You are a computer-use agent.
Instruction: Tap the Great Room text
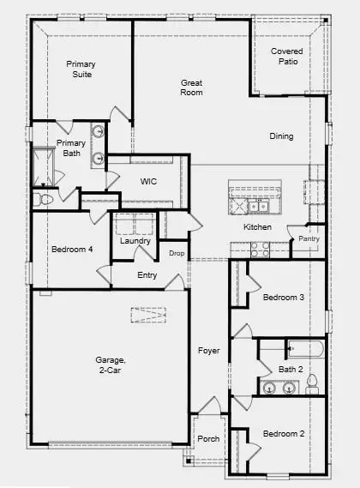pyautogui.click(x=191, y=87)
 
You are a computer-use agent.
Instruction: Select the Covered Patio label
pyautogui.click(x=286, y=57)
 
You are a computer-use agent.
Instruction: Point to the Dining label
pyautogui.click(x=281, y=136)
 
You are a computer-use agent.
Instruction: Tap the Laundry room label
pyautogui.click(x=135, y=241)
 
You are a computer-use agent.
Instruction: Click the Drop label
pyautogui.click(x=177, y=254)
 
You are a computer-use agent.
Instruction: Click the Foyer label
pyautogui.click(x=208, y=351)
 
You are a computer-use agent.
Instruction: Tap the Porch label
pyautogui.click(x=207, y=438)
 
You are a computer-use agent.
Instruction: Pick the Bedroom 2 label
pyautogui.click(x=284, y=433)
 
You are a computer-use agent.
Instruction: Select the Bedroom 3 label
pyautogui.click(x=284, y=298)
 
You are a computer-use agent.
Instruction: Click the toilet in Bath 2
pyautogui.click(x=312, y=382)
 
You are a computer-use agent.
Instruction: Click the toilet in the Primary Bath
pyautogui.click(x=43, y=199)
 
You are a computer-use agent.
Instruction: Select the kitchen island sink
pyautogui.click(x=257, y=207)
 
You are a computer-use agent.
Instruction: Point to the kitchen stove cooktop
pyautogui.click(x=259, y=249)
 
